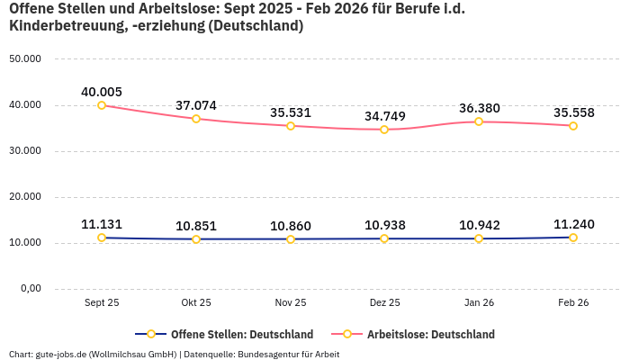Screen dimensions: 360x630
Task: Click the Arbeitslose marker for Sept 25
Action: point(102,105)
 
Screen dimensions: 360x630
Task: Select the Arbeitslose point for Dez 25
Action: point(384,130)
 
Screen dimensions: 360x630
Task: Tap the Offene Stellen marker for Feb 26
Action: point(572,238)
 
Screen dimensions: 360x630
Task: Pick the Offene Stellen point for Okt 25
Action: point(196,239)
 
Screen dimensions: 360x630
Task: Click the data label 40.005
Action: point(102,92)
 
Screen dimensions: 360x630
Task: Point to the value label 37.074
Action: point(196,105)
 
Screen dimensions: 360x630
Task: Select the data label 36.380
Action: point(479,108)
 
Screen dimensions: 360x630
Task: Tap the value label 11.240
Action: point(572,224)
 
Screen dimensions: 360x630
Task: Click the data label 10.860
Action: point(290,226)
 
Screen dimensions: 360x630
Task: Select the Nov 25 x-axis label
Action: point(290,303)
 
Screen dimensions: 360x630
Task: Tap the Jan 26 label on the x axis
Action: point(479,303)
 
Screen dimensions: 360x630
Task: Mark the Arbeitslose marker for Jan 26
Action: point(479,121)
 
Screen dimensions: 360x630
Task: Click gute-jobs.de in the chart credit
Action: point(60,354)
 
